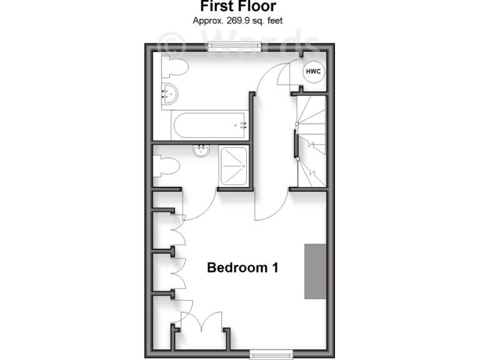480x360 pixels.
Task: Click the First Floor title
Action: [x=239, y=6]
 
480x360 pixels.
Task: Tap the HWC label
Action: [x=313, y=72]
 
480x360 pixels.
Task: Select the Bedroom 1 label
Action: [x=242, y=267]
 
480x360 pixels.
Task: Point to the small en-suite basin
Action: [x=201, y=151]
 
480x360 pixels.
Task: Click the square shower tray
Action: [x=233, y=166]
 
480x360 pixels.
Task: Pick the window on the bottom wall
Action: [x=271, y=355]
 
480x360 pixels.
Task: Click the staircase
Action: [x=311, y=141]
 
